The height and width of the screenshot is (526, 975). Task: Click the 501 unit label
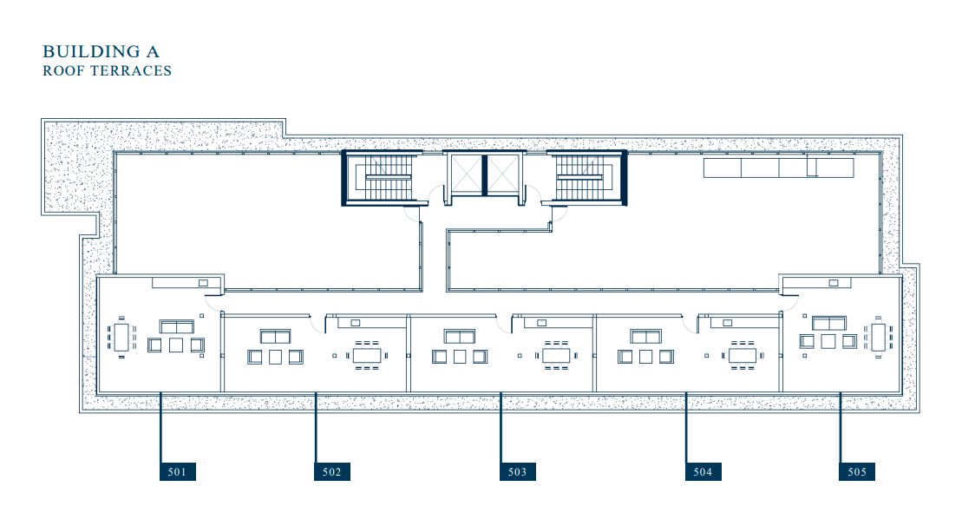pyautogui.click(x=178, y=472)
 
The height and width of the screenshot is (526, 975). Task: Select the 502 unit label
pyautogui.click(x=332, y=472)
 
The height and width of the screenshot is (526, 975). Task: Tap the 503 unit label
pyautogui.click(x=517, y=472)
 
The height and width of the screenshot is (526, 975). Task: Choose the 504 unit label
pyautogui.click(x=703, y=472)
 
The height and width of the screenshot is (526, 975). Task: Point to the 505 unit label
pyautogui.click(x=857, y=472)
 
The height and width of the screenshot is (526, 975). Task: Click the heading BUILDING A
pyautogui.click(x=101, y=51)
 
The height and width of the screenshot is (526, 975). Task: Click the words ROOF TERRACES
pyautogui.click(x=107, y=71)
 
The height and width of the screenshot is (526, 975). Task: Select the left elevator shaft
pyautogui.click(x=466, y=174)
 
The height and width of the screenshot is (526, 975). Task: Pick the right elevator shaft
pyautogui.click(x=502, y=174)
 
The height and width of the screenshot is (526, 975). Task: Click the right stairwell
pyautogui.click(x=586, y=177)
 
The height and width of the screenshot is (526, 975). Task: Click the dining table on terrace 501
pyautogui.click(x=121, y=337)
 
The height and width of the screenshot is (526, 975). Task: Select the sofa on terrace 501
pyautogui.click(x=177, y=327)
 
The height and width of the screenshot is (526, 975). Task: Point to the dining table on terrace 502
pyautogui.click(x=367, y=355)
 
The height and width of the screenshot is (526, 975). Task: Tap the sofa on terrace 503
pyautogui.click(x=460, y=336)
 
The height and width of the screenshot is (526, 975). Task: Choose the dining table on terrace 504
pyautogui.click(x=743, y=355)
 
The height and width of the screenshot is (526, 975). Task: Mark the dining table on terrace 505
pyautogui.click(x=878, y=337)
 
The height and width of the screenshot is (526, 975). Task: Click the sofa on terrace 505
pyautogui.click(x=829, y=323)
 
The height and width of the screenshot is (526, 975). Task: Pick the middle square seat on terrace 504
pyautogui.click(x=645, y=357)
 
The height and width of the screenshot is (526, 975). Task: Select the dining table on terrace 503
pyautogui.click(x=556, y=355)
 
